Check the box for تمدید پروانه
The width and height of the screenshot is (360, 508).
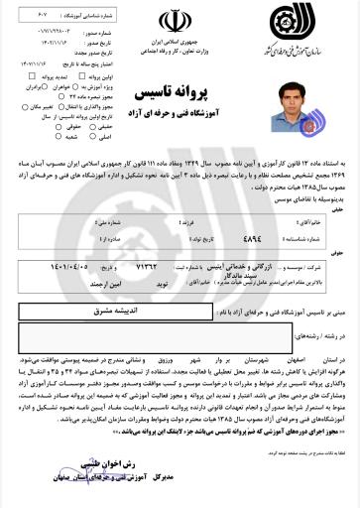tap(37, 74)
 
